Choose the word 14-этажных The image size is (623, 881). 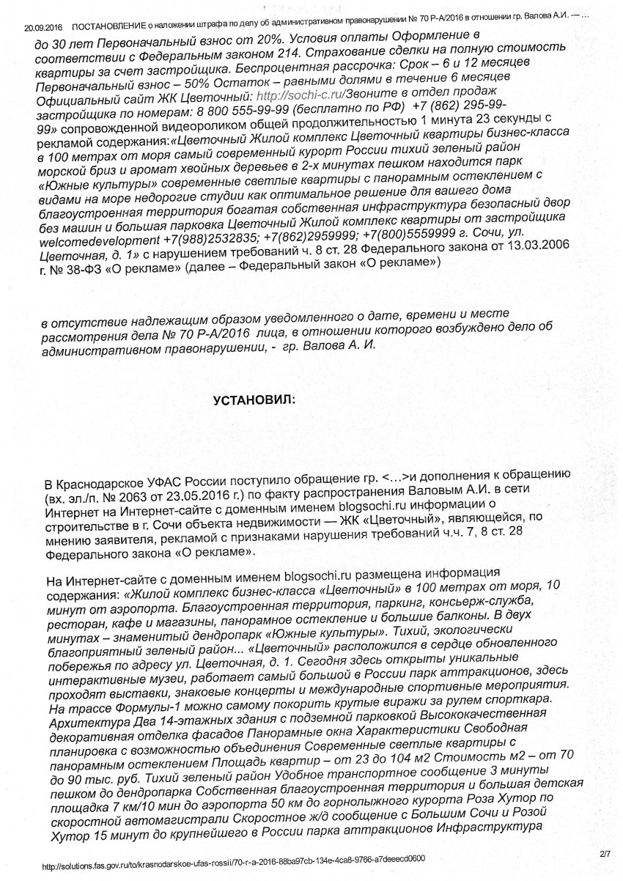coord(152,723)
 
